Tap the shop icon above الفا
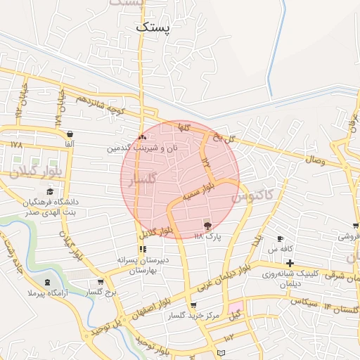[69, 134]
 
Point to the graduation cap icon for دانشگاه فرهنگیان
[49, 191]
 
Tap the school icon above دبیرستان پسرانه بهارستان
[143, 249]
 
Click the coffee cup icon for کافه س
[280, 238]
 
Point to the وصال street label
[314, 161]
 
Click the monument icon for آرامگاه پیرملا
[30, 291]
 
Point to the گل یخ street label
[222, 137]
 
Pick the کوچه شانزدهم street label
[102, 103]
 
